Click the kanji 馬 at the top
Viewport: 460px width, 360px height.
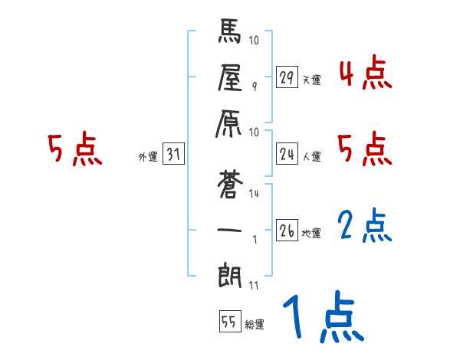[x=229, y=34]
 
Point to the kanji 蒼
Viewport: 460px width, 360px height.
[x=229, y=185]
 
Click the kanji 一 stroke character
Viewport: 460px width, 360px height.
[x=229, y=229]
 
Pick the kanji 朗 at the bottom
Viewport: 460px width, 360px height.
[x=229, y=273]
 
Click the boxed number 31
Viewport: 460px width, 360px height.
[x=173, y=155]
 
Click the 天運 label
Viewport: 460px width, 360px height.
[x=311, y=80]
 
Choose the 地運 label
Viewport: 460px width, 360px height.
[x=311, y=233]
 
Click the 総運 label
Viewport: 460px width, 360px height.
[x=255, y=323]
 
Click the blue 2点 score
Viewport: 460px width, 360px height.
[x=365, y=227]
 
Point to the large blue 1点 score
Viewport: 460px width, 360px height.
[x=322, y=317]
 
